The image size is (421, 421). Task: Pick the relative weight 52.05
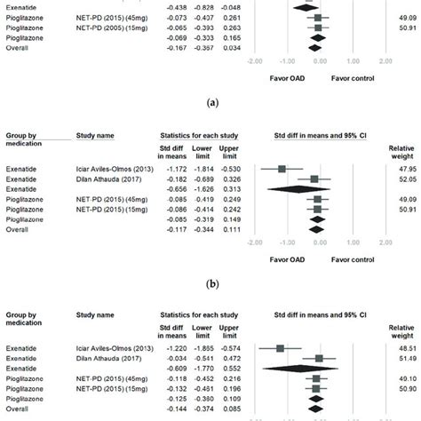click(x=407, y=179)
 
